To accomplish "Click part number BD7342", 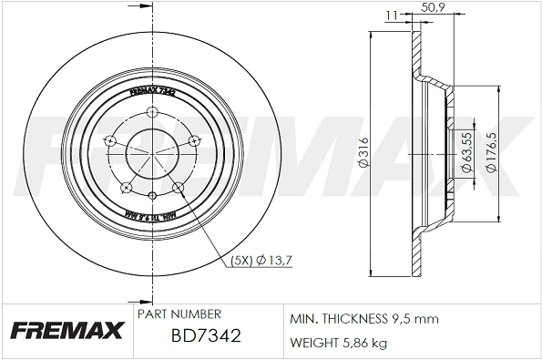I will tap(206, 337).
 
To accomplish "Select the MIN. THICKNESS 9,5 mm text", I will tap(364, 319).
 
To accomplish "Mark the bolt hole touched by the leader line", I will tap(179, 188).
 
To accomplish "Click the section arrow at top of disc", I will tap(142, 8).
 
